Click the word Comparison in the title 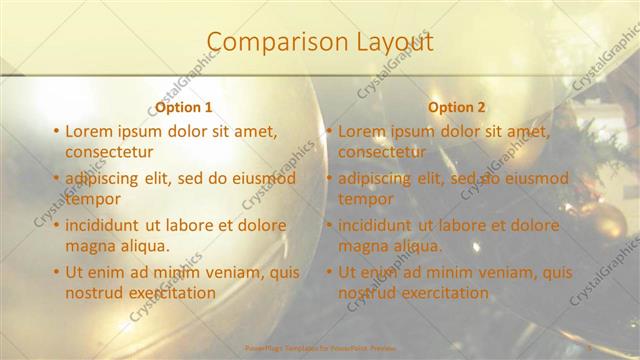coord(265,42)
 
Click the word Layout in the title coord(393,42)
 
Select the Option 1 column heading coord(184,107)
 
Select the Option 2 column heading coord(457,107)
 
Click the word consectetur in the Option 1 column coord(109,152)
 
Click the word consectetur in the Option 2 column coord(382,152)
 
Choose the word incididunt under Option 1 coord(107,225)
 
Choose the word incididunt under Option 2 coord(380,225)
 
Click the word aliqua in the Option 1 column coord(145,245)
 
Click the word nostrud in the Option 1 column coord(94,293)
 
